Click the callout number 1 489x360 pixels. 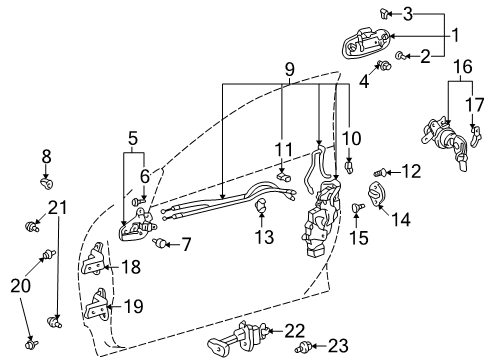tap(456, 36)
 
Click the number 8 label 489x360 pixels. tap(45, 157)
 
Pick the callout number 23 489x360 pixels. tap(338, 346)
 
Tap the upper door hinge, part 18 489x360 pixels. tap(95, 265)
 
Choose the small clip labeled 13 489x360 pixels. tap(262, 208)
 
